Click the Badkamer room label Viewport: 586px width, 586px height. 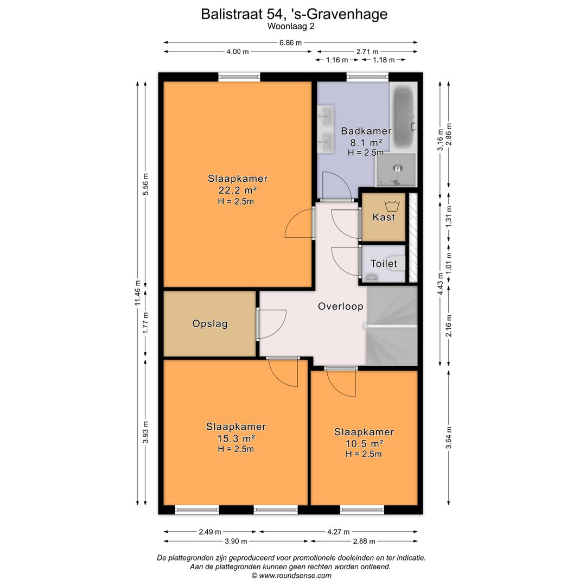pos(366,131)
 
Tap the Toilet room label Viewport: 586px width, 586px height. pos(384,264)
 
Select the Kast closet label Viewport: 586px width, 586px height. pos(384,217)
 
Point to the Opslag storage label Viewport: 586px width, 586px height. pos(209,323)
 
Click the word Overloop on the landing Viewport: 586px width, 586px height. pos(340,307)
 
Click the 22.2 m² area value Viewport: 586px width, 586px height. pos(237,190)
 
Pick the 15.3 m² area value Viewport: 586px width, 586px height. pos(236,438)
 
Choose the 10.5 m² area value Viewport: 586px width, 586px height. pos(364,444)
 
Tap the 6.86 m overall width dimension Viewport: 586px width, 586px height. pos(290,43)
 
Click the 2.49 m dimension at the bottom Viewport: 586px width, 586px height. pos(209,531)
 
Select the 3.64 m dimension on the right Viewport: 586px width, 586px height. pos(449,438)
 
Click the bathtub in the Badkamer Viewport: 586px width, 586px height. pos(403,117)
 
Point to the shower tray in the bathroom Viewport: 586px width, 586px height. pos(396,170)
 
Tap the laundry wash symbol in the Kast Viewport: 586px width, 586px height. pos(392,206)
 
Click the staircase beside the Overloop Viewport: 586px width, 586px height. pos(391,326)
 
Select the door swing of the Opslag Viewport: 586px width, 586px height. pos(272,324)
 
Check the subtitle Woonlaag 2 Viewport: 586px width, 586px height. pos(291,26)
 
